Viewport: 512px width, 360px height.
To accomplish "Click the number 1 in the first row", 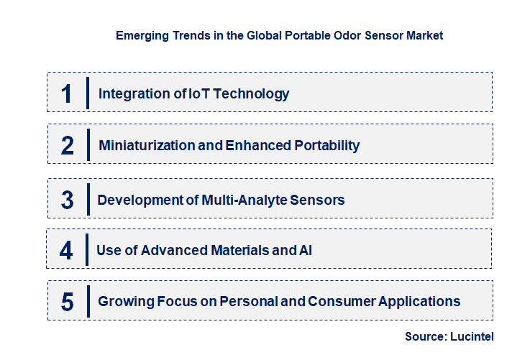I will coord(66,93).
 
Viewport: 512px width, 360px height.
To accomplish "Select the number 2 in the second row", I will coord(68,146).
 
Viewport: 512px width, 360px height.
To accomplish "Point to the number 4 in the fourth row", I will coord(66,251).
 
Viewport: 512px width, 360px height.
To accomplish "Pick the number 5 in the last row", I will coord(67,302).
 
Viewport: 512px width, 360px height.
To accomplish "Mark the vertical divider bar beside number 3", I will coord(87,199).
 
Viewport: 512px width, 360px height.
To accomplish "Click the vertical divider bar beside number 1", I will coord(87,93).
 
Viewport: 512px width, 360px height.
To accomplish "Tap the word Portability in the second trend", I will coord(327,146).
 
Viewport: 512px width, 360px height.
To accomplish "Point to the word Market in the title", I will coord(425,34).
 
